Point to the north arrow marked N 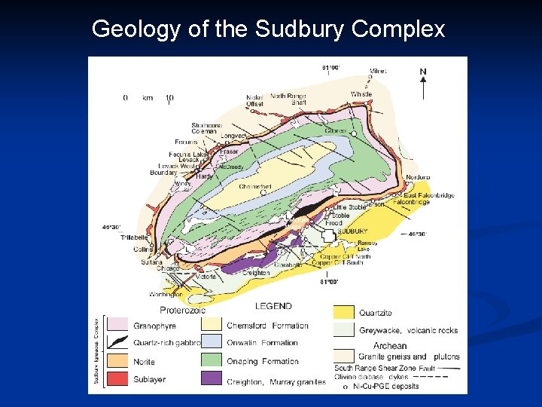click(423, 82)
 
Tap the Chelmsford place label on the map click(254, 186)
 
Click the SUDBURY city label click(352, 231)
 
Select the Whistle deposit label click(361, 94)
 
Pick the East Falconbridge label click(428, 195)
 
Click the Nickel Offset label click(255, 100)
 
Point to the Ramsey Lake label click(367, 246)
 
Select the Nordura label click(417, 177)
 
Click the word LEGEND click(273, 307)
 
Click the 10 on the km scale click(169, 98)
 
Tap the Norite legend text click(145, 361)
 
